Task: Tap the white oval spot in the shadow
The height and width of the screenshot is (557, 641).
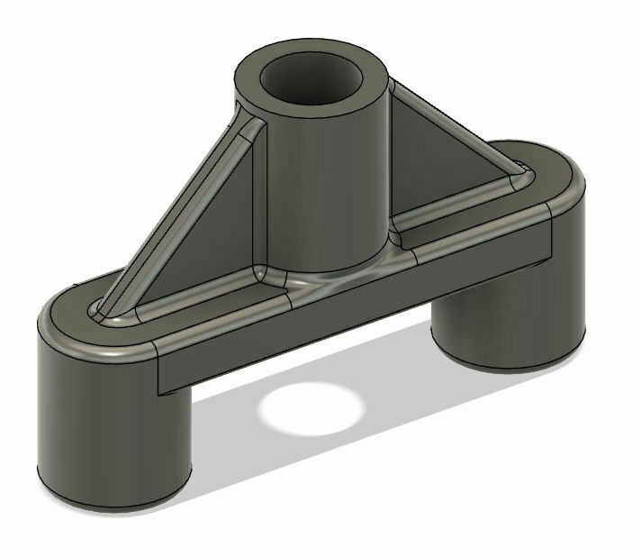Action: click(311, 410)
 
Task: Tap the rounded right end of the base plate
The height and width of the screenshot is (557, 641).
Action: click(567, 180)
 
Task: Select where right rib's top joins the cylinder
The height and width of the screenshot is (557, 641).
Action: click(396, 86)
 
